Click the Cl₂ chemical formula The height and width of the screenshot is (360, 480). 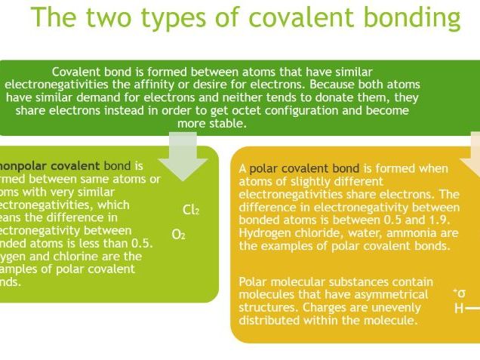[191, 210]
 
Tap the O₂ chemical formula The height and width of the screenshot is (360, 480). [178, 235]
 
